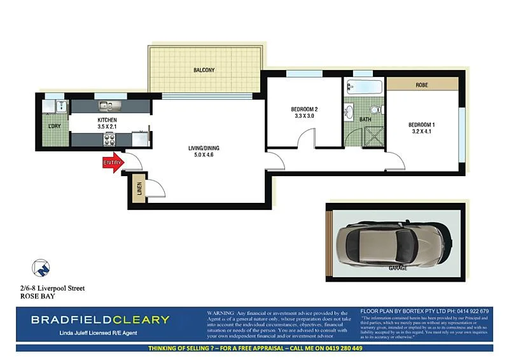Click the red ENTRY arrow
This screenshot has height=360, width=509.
pos(112,163)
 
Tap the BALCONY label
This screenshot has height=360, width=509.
pos(204,70)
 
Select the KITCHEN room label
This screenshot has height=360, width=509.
pos(107,120)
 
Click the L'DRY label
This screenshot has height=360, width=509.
pos(55,126)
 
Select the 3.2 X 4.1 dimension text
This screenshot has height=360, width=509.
pos(421,131)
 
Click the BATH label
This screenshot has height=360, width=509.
pos(365,119)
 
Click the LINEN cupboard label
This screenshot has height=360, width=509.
pos(139,190)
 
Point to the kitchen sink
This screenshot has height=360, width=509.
pos(106,105)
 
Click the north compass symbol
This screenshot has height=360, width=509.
pos(39,267)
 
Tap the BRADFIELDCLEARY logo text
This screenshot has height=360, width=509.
pos(101,319)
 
